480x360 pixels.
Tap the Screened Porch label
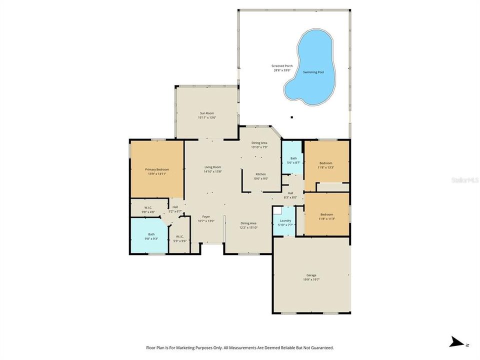[x=283, y=68]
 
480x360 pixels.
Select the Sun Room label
[x=206, y=115]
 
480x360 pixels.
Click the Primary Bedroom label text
[x=157, y=171]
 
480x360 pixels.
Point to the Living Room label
[x=212, y=169]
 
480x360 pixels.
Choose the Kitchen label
[x=261, y=176]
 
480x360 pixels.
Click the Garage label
[x=311, y=277]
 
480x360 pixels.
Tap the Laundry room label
[x=285, y=222]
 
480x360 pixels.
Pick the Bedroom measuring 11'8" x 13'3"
[x=326, y=165]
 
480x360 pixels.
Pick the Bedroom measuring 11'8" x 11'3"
[x=326, y=216]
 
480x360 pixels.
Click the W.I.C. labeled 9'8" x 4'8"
[x=148, y=210]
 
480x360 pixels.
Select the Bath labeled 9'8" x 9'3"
[x=151, y=236]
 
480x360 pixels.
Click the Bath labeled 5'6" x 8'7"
[x=293, y=160]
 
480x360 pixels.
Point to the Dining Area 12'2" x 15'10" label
[x=248, y=225]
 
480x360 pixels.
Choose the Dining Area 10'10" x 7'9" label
[x=259, y=144]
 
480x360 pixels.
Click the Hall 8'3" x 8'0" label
[x=290, y=195]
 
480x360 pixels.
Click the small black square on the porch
[x=291, y=118]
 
